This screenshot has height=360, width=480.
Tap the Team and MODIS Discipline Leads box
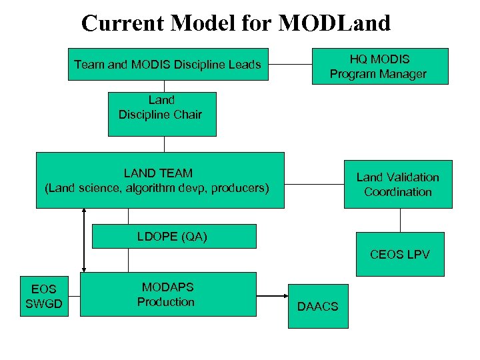[x=168, y=65]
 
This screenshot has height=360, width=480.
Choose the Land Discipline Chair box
[x=162, y=114]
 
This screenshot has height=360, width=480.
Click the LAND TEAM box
[x=159, y=181]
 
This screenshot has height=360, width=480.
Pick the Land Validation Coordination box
[x=397, y=184]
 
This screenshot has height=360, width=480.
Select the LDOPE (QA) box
[x=173, y=236]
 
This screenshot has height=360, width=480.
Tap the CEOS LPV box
[x=399, y=254]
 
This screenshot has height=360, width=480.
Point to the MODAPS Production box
[x=168, y=294]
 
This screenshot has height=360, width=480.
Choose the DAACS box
[x=317, y=306]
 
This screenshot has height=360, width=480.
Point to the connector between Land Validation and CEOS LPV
[x=400, y=220]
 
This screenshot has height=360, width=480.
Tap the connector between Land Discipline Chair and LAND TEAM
[x=162, y=144]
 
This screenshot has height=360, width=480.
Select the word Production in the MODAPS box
[x=166, y=301]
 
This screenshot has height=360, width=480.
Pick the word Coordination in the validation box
[x=398, y=192]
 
